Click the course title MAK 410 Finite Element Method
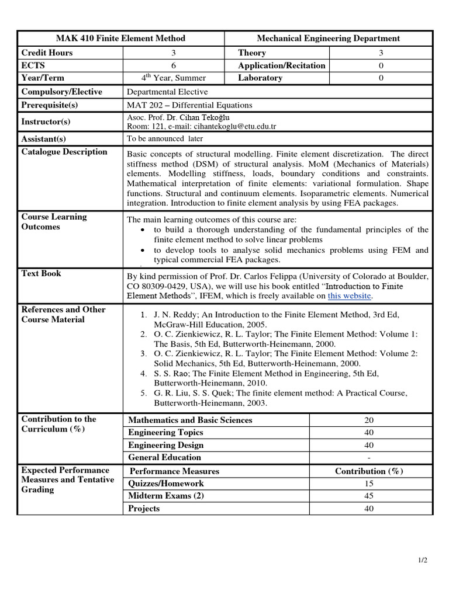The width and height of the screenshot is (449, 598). point(120,39)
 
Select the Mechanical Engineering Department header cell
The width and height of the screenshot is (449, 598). point(329,39)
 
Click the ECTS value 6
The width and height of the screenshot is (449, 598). point(173,65)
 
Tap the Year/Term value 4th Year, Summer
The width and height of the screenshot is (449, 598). point(173,78)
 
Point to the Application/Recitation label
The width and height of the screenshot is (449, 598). point(281,65)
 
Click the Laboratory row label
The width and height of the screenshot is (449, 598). point(260,78)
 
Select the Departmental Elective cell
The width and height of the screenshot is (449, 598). point(167,92)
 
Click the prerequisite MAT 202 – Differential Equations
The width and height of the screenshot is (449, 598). point(189,105)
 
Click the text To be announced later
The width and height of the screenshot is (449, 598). point(165,139)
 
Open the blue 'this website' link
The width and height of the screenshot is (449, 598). point(349,296)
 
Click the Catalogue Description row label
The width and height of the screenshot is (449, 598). point(64,152)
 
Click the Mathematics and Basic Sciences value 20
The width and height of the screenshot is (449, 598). point(368,420)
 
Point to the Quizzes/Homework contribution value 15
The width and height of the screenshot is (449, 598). point(368,484)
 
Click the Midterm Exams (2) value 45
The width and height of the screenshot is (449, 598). point(368,496)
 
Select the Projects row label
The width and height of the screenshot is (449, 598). point(144,509)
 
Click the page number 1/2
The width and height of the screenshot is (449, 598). point(423,561)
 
